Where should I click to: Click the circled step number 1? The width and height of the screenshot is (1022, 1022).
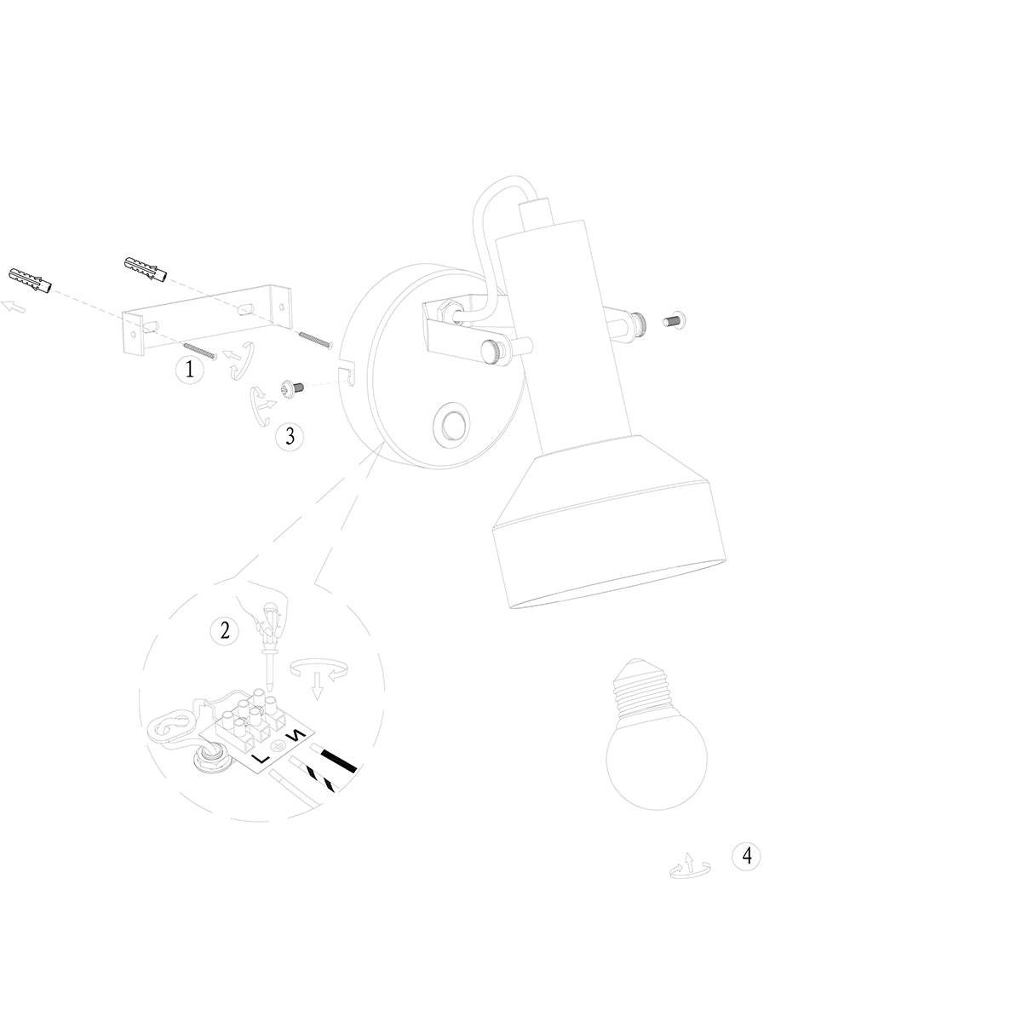click(189, 370)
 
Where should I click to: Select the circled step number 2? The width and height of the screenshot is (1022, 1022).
click(225, 630)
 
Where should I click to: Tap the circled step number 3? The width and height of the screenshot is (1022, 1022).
click(290, 437)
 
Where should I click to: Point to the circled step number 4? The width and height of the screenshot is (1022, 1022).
click(747, 856)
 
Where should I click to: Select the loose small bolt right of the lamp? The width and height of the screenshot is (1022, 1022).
click(676, 321)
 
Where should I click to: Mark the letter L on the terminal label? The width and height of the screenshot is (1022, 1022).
click(261, 757)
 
